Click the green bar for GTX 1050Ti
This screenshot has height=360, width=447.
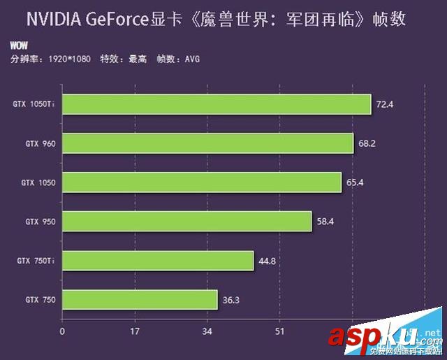(217, 104)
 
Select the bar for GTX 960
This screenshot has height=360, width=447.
(208, 143)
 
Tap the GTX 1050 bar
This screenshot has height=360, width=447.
(202, 182)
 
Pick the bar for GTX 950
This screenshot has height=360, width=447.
(187, 222)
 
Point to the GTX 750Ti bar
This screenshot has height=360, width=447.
(158, 261)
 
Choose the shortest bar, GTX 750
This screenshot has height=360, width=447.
(140, 300)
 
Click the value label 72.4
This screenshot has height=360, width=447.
(385, 104)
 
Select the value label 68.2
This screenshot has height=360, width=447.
(368, 143)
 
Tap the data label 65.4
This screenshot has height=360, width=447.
(356, 182)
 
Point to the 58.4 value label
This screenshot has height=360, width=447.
(325, 222)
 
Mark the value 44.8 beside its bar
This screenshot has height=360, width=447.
(268, 261)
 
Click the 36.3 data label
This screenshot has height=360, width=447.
(232, 300)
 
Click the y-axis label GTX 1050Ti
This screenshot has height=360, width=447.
(35, 104)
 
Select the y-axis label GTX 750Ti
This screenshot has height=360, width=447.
(37, 261)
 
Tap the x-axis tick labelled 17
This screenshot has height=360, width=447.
(135, 331)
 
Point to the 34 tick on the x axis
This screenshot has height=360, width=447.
(207, 331)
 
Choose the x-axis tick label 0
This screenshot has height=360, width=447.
(62, 331)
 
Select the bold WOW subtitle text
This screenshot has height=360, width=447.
(19, 46)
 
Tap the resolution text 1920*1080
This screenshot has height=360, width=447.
(71, 59)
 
